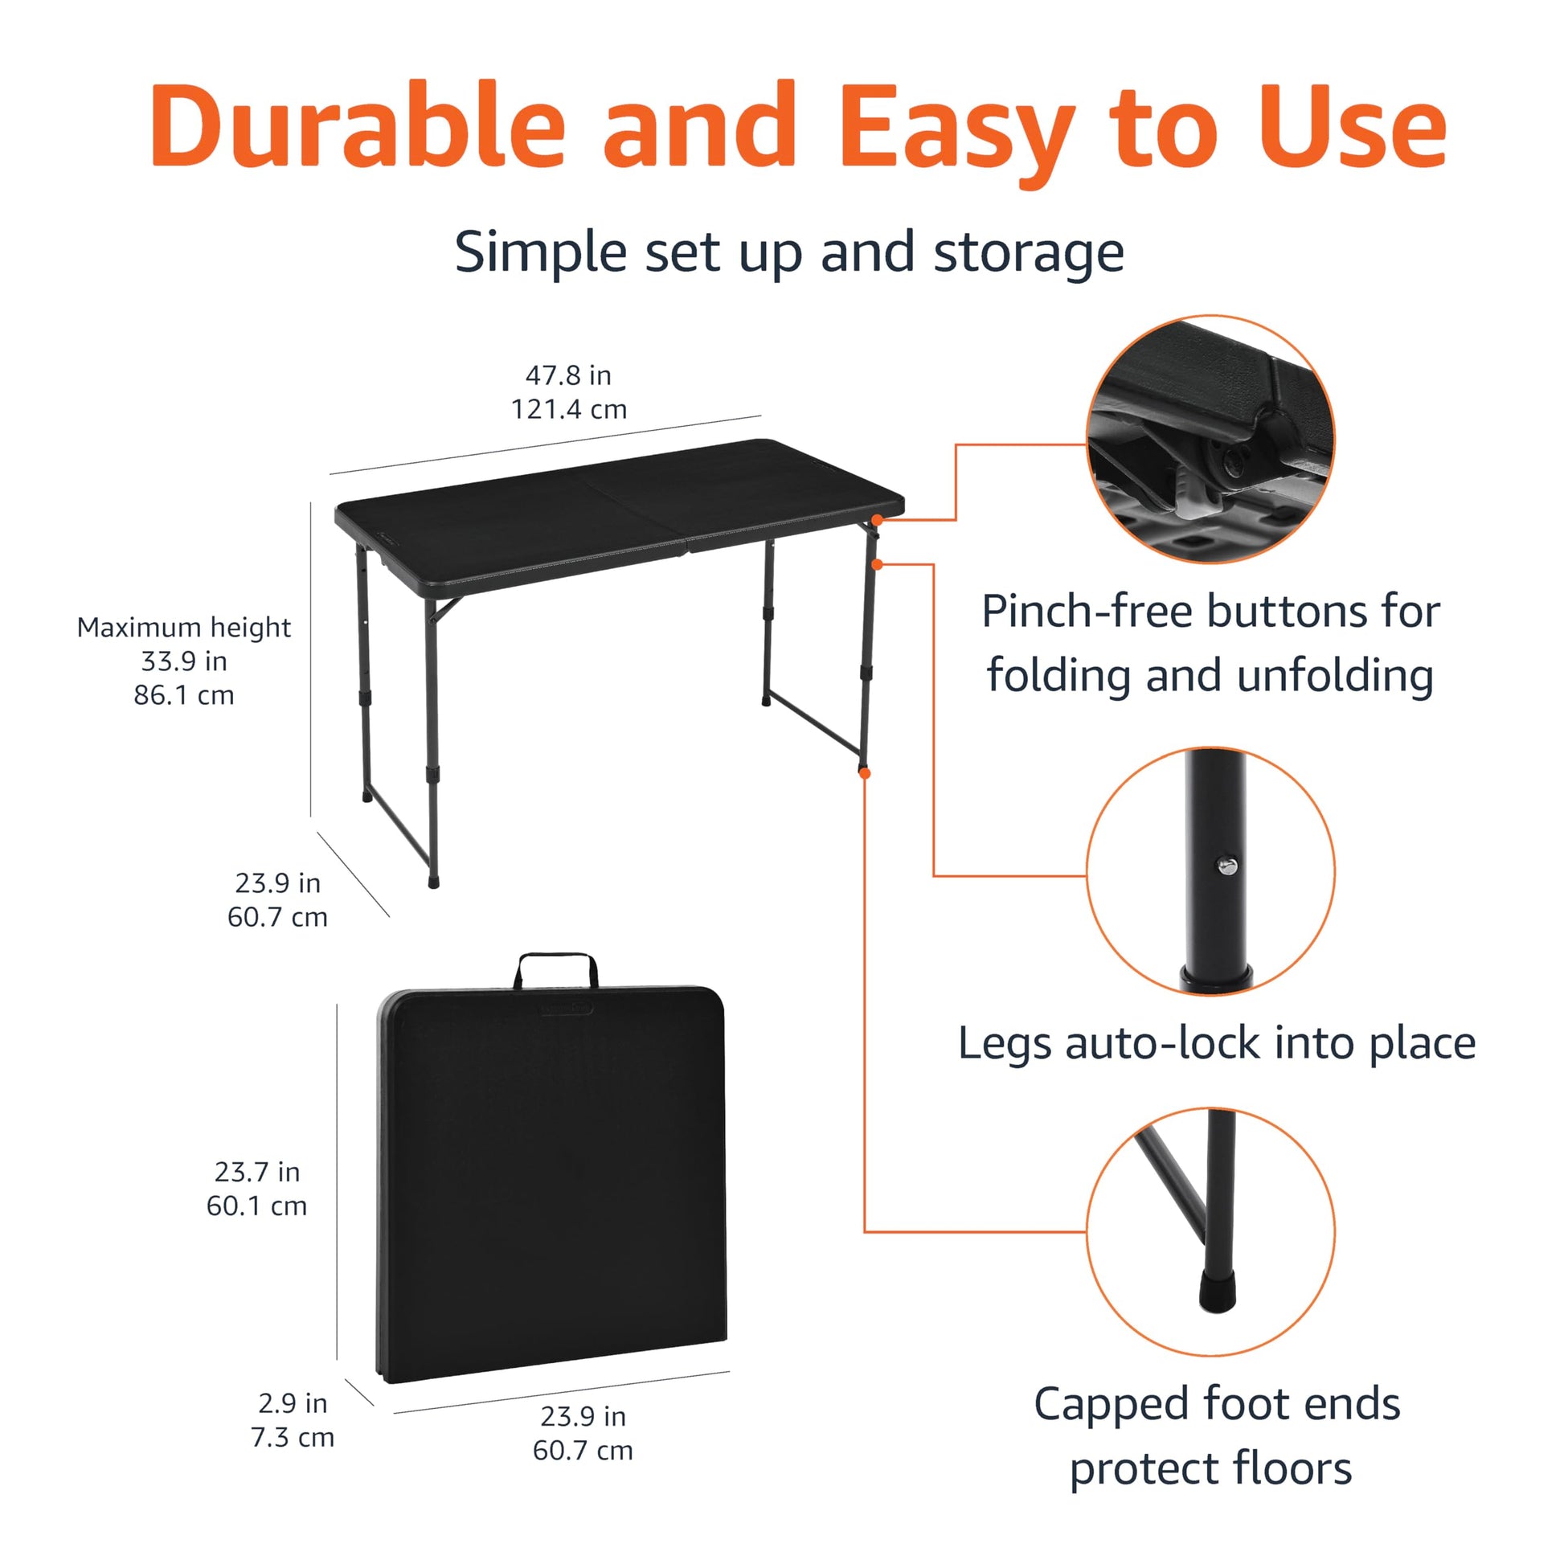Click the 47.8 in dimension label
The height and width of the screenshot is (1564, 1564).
coord(568,375)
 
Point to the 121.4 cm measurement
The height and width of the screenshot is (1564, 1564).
coord(568,409)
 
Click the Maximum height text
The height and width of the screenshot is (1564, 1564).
coord(184,628)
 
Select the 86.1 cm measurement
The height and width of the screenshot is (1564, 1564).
coord(184,695)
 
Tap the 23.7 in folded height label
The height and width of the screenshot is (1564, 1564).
coord(256,1171)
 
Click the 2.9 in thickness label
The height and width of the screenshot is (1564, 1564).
coord(293,1403)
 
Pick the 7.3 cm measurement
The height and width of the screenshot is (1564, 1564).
coord(293,1437)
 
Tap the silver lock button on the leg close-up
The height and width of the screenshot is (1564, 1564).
coord(1227,868)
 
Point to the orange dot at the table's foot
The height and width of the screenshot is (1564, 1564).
coord(865,774)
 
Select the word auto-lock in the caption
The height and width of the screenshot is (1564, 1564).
coord(1162,1042)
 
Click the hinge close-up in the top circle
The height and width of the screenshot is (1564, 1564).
coord(1210,439)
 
